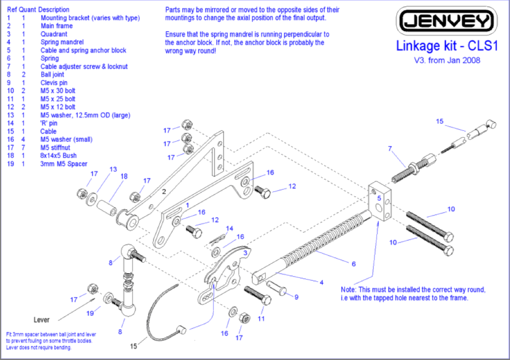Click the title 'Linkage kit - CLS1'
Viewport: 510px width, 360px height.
point(447,46)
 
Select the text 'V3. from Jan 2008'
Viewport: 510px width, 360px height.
point(447,60)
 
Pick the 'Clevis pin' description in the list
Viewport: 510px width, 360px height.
point(54,83)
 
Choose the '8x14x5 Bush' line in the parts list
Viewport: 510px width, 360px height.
point(58,156)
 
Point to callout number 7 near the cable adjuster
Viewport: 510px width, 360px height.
point(390,148)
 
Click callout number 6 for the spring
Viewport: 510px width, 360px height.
point(353,264)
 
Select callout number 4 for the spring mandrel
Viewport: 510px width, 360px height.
point(321,283)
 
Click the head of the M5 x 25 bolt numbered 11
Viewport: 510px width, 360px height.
point(266,300)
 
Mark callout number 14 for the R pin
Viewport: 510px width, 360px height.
point(229,229)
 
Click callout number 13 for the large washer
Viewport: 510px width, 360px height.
point(113,169)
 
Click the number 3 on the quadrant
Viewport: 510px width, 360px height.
point(245,253)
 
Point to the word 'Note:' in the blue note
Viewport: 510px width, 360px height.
point(349,289)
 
